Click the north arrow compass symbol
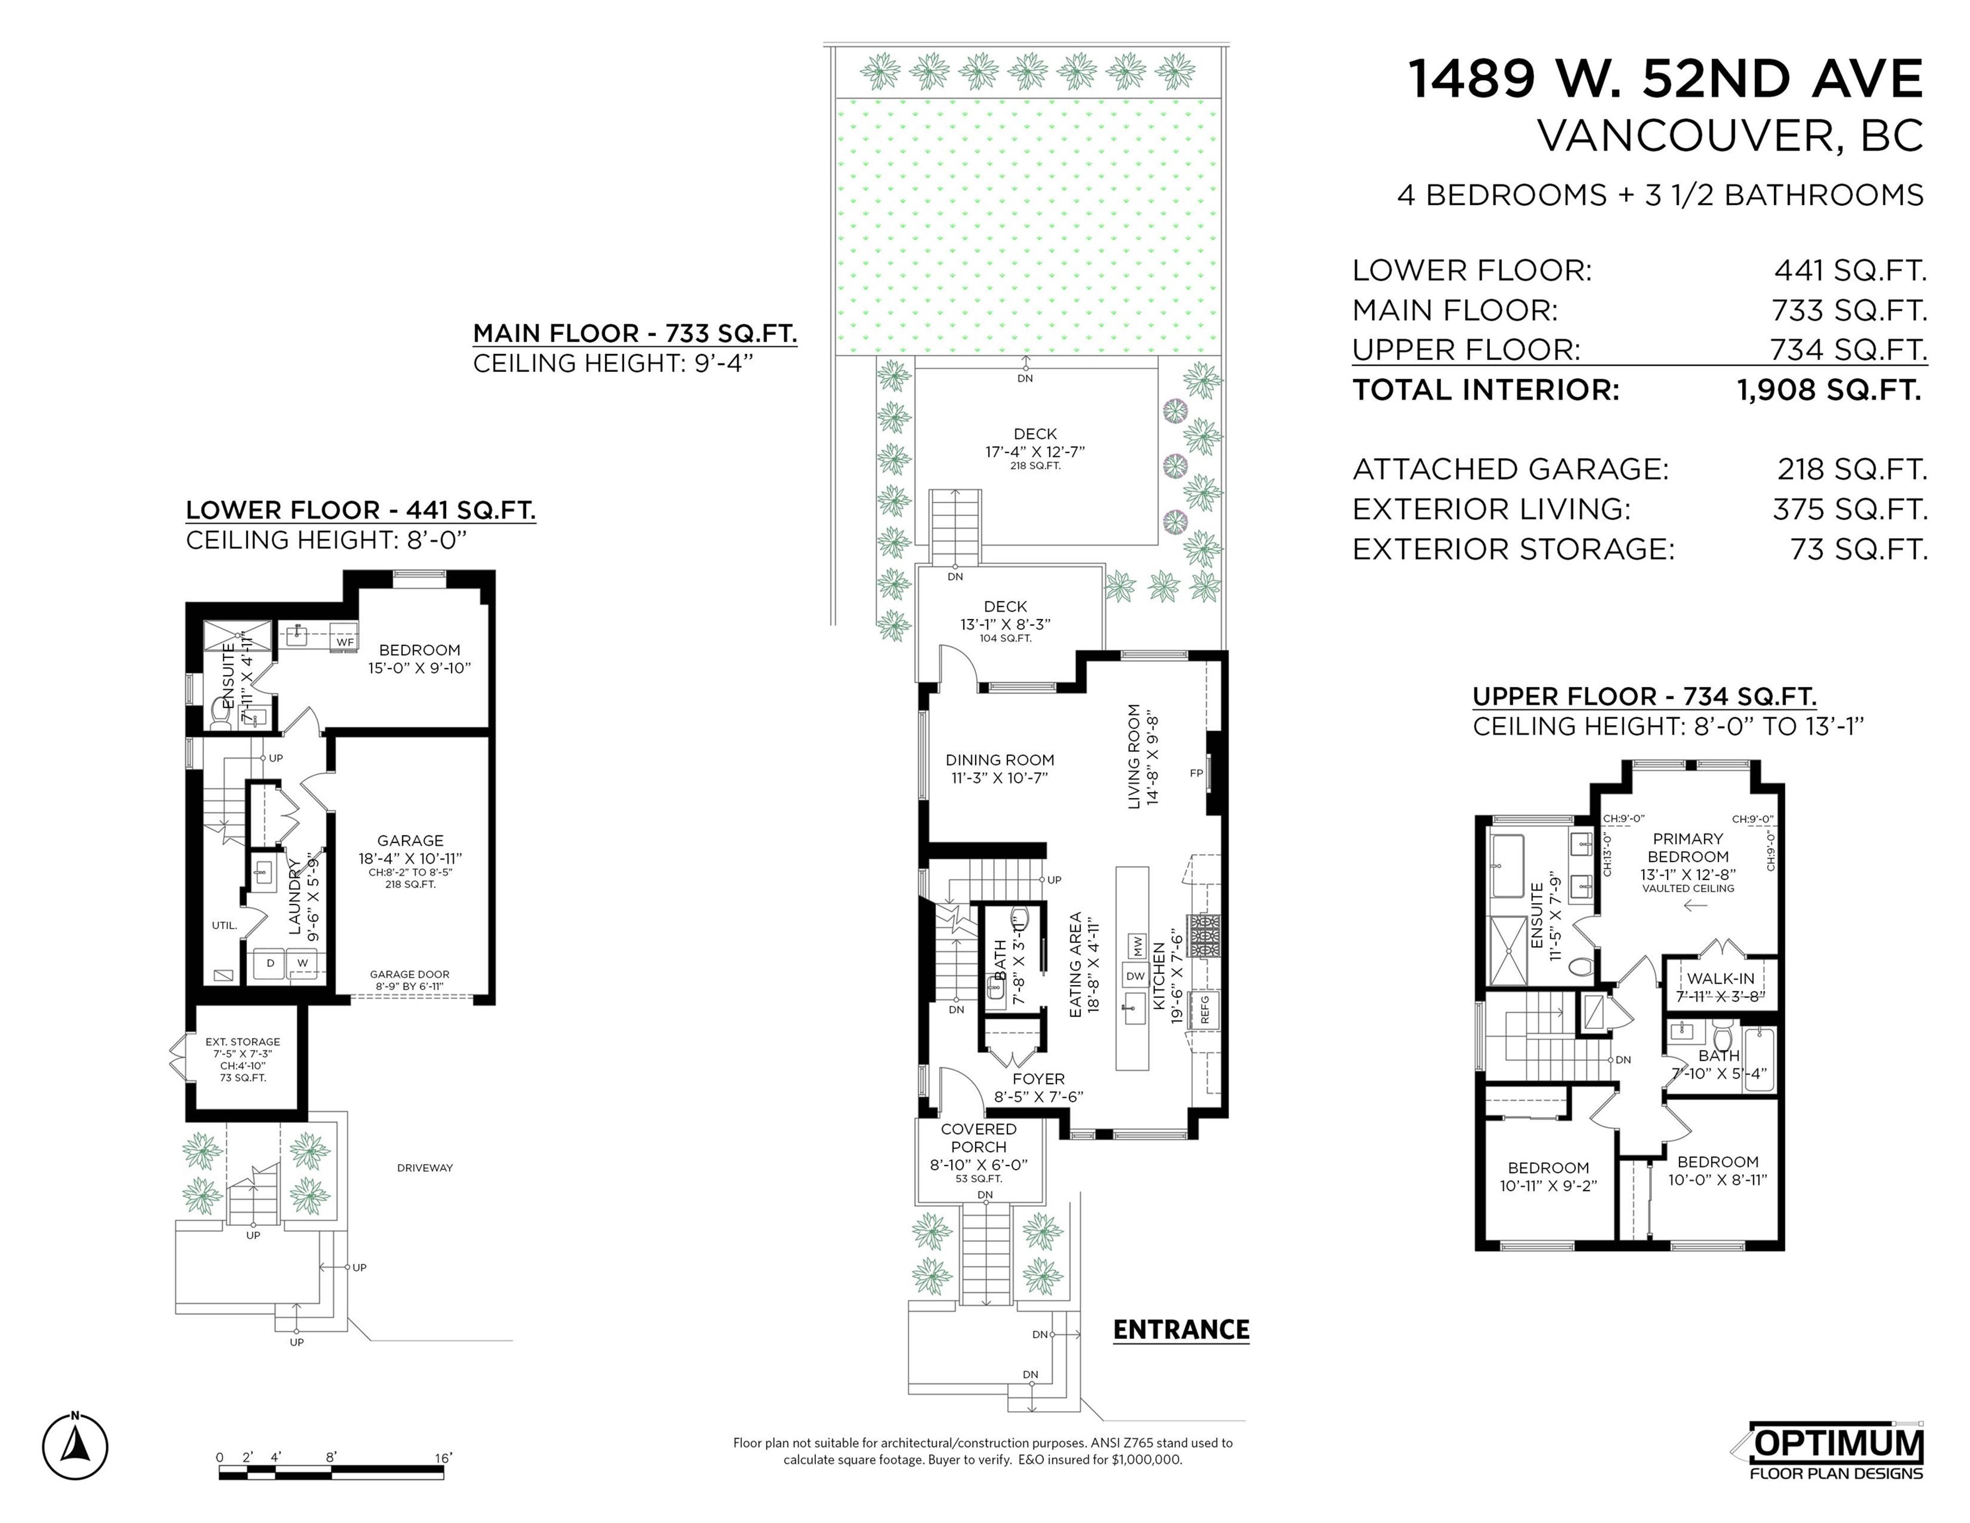click(x=75, y=1447)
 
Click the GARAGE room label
click(x=410, y=840)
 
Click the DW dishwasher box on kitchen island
click(x=1135, y=975)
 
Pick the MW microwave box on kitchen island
click(x=1136, y=946)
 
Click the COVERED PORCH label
click(x=979, y=1138)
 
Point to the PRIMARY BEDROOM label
click(x=1688, y=847)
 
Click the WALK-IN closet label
click(x=1720, y=978)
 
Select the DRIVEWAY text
click(x=425, y=1167)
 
